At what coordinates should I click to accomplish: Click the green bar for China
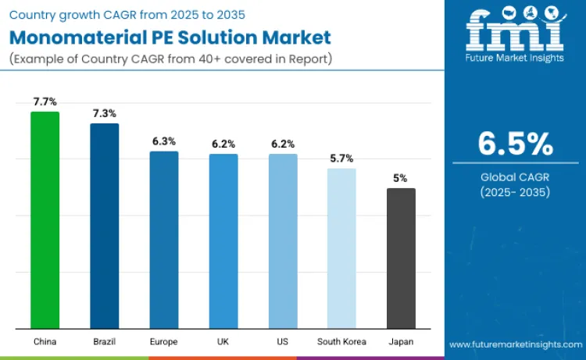tap(45, 220)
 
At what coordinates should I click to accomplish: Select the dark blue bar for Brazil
tap(104, 226)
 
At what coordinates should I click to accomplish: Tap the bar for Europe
tap(164, 240)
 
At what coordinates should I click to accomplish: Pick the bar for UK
tap(223, 241)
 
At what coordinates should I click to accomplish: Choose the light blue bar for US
tap(283, 241)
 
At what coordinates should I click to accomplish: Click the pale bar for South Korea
tap(341, 248)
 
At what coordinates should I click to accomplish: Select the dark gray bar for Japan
tap(401, 258)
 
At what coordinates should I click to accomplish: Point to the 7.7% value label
tap(45, 102)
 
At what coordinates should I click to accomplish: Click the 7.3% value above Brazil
tap(105, 113)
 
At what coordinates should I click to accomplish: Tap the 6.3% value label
tap(164, 141)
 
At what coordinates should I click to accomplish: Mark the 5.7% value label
tap(342, 158)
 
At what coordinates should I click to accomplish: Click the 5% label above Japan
tap(400, 178)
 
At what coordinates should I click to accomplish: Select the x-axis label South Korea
tap(341, 342)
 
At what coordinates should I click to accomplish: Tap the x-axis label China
tap(45, 342)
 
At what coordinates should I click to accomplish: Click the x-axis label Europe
tap(164, 342)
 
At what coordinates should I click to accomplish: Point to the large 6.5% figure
tap(515, 144)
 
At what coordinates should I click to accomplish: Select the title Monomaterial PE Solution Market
tap(170, 37)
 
